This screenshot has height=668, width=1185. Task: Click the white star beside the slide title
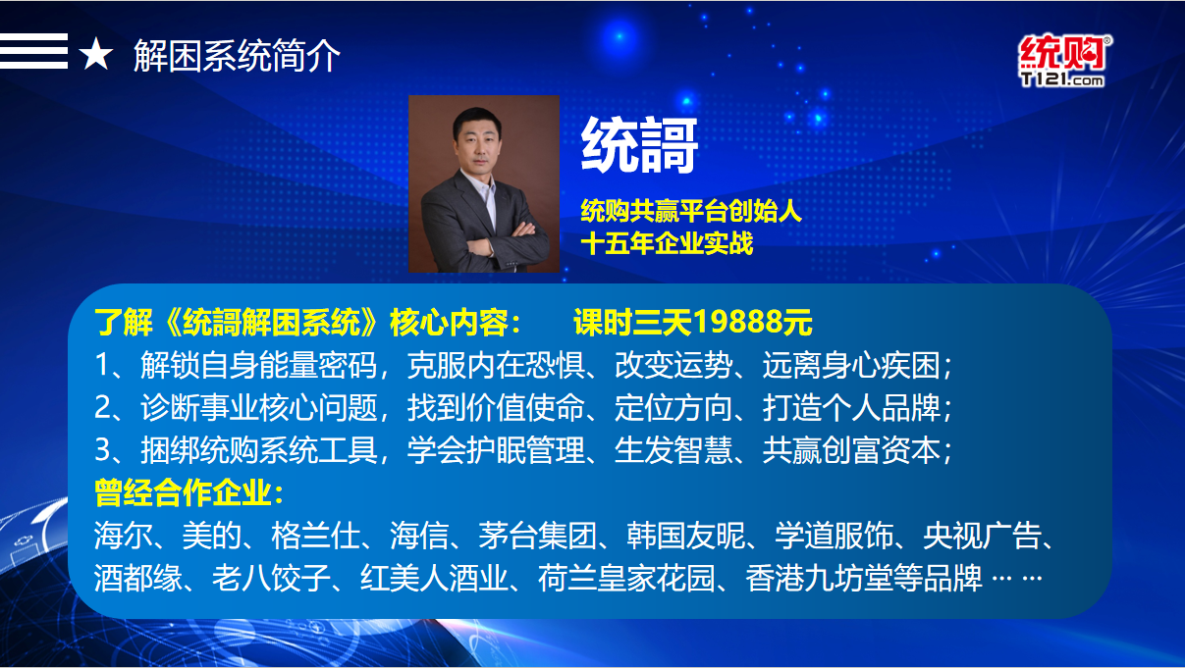(x=96, y=54)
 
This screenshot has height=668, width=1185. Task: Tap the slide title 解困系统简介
(x=237, y=56)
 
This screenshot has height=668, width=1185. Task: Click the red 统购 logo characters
(x=1064, y=53)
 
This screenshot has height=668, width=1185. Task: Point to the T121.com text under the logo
(x=1062, y=79)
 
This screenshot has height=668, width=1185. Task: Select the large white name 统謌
(x=639, y=145)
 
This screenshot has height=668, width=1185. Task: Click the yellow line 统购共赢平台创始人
(x=691, y=211)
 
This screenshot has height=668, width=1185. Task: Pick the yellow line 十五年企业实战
(x=667, y=243)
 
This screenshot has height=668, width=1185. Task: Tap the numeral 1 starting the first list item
(x=102, y=365)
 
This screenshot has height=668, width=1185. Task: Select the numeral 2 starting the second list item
(x=103, y=407)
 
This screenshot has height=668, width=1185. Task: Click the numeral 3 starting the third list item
(x=103, y=450)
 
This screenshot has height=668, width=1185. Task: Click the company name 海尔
(x=124, y=536)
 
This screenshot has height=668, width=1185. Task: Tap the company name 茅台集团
(x=537, y=536)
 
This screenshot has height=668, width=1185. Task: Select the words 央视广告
(x=982, y=536)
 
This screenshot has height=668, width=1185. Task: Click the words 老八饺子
(x=271, y=578)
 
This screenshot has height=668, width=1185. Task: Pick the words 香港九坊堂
(x=819, y=578)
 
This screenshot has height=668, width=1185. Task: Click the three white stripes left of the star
(x=33, y=51)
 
